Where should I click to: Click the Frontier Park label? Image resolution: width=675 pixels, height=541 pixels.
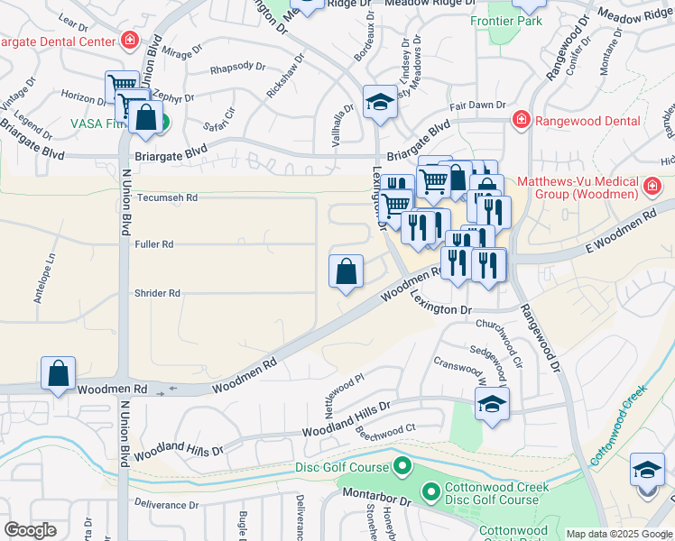tap(505, 20)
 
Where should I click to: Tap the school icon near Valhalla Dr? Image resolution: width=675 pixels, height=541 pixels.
tap(381, 104)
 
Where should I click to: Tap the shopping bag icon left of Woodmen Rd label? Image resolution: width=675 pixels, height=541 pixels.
tap(58, 374)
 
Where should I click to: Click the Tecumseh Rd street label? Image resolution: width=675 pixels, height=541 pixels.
tap(166, 197)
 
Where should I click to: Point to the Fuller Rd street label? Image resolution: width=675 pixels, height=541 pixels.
tap(154, 244)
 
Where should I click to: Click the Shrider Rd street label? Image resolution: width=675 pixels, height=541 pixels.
tap(158, 293)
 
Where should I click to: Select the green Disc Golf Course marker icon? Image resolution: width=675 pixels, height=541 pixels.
tap(402, 466)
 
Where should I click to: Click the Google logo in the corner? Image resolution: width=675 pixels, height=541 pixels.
tap(30, 530)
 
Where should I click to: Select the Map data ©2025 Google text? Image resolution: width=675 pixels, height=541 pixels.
tap(618, 534)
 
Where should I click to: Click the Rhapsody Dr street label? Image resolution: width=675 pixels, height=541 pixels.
tap(237, 67)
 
